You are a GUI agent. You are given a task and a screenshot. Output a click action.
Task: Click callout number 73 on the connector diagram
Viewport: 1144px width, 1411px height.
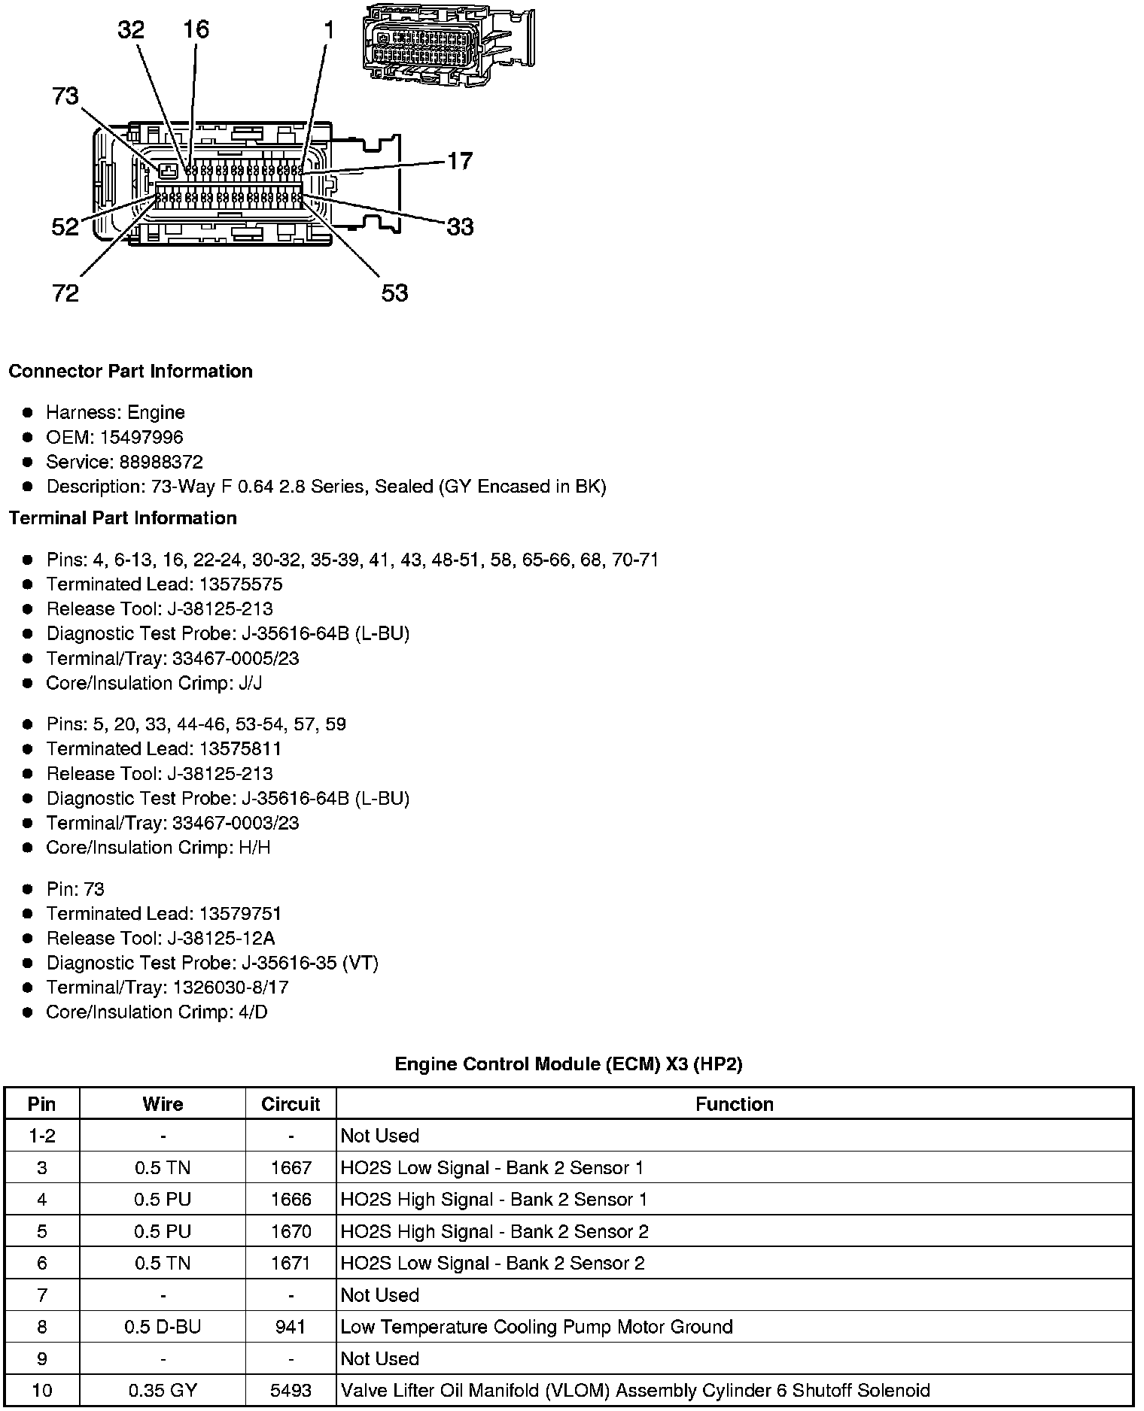point(65,96)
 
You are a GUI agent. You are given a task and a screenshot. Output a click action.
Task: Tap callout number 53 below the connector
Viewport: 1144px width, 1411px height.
point(394,293)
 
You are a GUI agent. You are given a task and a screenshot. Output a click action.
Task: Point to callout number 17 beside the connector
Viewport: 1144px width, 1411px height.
point(460,161)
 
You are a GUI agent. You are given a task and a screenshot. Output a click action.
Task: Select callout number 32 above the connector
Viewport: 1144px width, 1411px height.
point(131,30)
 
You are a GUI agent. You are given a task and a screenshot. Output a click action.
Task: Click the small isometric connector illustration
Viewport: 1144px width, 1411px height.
point(448,45)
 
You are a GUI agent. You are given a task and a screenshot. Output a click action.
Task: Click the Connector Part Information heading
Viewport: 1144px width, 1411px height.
point(130,372)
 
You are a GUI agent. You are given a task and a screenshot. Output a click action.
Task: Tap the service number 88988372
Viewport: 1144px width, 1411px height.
point(161,462)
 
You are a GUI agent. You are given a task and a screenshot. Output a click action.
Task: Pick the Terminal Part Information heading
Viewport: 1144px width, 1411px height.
point(123,518)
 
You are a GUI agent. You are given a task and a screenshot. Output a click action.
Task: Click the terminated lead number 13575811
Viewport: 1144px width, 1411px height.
point(240,748)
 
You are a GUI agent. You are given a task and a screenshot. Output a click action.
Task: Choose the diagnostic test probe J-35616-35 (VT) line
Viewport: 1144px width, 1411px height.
point(212,963)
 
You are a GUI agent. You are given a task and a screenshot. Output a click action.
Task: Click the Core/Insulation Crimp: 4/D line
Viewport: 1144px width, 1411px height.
point(157,1012)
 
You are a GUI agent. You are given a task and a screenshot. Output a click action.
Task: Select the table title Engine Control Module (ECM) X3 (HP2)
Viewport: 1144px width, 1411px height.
point(568,1064)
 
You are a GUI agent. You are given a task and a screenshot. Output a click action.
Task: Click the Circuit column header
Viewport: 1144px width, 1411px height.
point(291,1104)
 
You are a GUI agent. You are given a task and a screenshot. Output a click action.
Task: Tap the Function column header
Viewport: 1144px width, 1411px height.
point(734,1104)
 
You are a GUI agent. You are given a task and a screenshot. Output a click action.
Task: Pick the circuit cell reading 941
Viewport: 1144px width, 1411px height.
point(291,1326)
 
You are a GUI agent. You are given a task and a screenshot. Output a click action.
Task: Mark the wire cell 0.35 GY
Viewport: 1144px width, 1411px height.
point(163,1390)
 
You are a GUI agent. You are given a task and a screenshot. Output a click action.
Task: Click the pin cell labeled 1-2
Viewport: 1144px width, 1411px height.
point(41,1136)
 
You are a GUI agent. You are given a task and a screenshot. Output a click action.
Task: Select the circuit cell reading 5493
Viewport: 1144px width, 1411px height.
point(291,1390)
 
